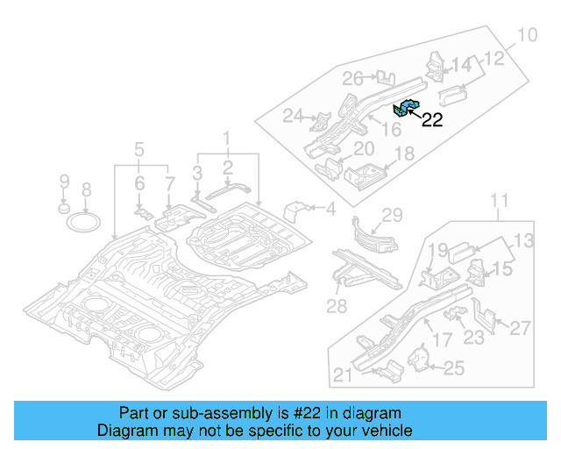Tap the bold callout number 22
[432, 121]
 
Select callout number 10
[527, 36]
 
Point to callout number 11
[498, 203]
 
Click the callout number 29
[392, 216]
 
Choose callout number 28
[337, 306]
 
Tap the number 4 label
[330, 209]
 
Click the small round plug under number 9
[63, 209]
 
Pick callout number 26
[352, 79]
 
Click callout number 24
[293, 115]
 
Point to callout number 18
[403, 154]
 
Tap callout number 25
[453, 369]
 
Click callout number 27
[521, 329]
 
